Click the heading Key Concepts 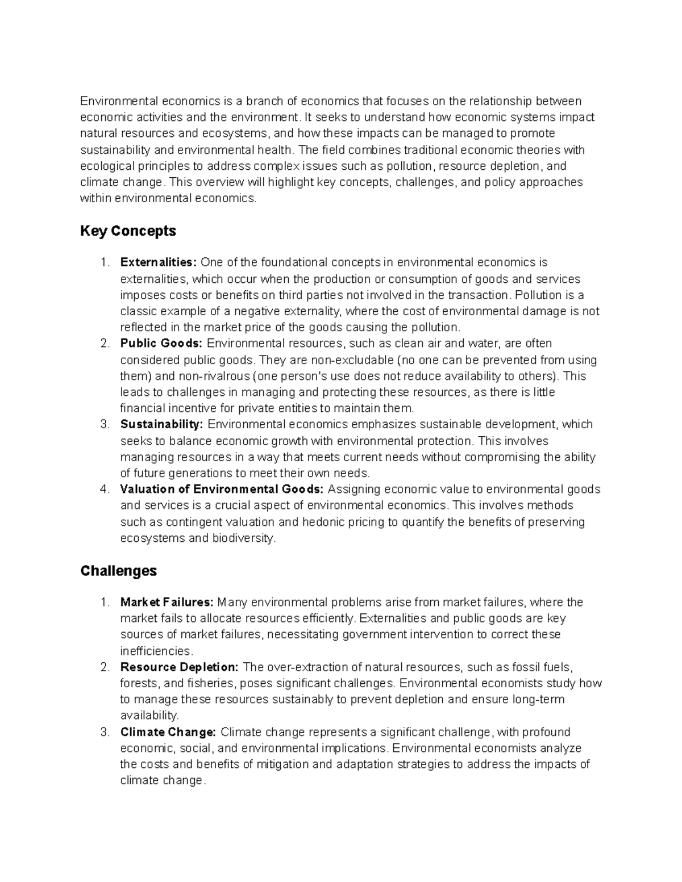click(x=128, y=231)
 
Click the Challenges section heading click(x=118, y=571)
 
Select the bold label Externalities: click(x=158, y=262)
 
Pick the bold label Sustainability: click(x=161, y=424)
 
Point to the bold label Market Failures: click(x=167, y=602)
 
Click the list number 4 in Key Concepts click(x=104, y=490)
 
